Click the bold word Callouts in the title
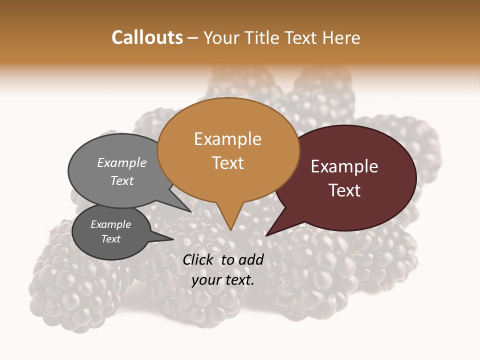tap(147, 37)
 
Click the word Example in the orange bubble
tap(227, 139)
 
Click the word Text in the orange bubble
tap(228, 163)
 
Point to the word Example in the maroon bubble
tap(344, 166)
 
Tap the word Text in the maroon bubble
tap(345, 190)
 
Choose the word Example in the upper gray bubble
tap(122, 163)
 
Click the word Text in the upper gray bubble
tap(122, 181)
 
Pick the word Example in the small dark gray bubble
tap(110, 224)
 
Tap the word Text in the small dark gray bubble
tap(111, 239)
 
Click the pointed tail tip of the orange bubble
tap(230, 229)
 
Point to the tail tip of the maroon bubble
tap(266, 235)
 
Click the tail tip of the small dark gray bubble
tap(173, 239)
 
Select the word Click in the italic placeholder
tap(199, 259)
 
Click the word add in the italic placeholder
tap(251, 259)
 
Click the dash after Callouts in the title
tap(193, 38)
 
